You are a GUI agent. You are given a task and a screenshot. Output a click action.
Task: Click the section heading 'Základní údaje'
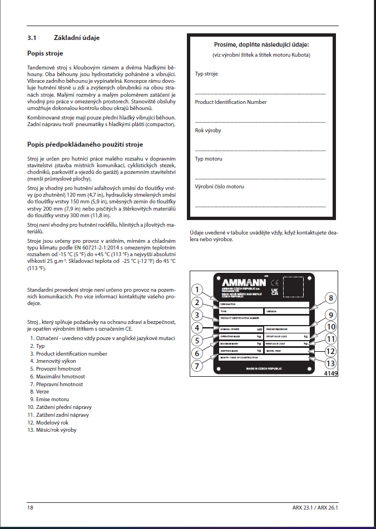(77, 38)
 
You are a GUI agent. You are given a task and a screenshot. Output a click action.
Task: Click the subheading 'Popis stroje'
(45, 53)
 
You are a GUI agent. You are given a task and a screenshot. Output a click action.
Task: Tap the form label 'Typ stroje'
(206, 74)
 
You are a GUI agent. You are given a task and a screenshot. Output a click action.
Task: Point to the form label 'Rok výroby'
(207, 131)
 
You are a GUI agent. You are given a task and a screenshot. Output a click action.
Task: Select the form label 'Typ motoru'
(208, 159)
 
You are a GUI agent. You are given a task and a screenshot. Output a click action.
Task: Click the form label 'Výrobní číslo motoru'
(219, 187)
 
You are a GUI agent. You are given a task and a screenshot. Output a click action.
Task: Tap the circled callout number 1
(196, 289)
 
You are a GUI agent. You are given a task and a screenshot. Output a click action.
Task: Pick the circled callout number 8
(331, 298)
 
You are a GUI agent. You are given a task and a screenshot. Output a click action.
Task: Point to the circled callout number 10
(331, 327)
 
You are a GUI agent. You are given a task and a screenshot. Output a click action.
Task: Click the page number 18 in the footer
(31, 507)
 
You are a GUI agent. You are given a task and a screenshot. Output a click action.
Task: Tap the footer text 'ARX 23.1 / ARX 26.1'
(315, 507)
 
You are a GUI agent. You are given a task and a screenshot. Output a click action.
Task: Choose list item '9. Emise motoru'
(49, 399)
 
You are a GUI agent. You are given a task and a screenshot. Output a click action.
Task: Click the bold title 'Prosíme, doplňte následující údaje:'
(261, 44)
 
